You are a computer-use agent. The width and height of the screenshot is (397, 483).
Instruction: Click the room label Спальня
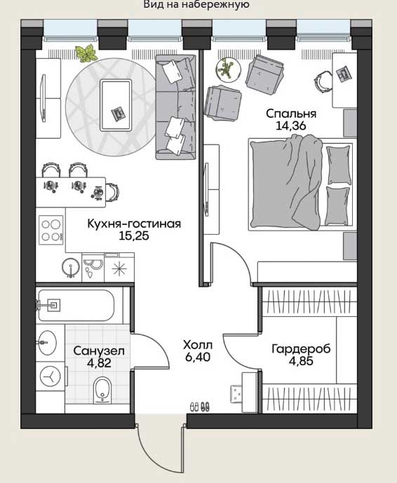coord(291,114)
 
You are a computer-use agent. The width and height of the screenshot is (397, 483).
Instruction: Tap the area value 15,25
coord(134,236)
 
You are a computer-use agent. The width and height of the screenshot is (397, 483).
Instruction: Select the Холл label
coord(198,345)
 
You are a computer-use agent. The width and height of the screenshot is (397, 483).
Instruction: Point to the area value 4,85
coord(301,361)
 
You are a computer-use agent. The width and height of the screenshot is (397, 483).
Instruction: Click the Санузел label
coord(99,351)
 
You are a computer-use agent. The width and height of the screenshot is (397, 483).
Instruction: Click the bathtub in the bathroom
coord(76,305)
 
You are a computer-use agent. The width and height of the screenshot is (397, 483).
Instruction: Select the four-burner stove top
coord(51,230)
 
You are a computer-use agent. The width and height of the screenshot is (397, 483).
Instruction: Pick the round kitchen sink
coord(71,267)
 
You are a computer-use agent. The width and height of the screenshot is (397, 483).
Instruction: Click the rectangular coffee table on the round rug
coord(116,105)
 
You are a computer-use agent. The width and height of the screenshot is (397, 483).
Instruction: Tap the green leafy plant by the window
coord(86,53)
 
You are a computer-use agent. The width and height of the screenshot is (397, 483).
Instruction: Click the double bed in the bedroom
coord(301,184)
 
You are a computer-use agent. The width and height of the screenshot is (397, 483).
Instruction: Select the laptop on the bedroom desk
coord(342,73)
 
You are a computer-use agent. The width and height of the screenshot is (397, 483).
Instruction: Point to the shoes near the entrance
coord(200,407)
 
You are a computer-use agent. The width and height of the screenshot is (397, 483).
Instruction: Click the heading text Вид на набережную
coord(196,5)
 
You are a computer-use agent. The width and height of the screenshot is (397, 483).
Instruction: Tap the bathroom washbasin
coord(48,343)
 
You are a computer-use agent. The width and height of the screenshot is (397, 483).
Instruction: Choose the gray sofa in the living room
coord(175,107)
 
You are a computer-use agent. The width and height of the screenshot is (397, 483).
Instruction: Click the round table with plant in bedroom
coord(228,69)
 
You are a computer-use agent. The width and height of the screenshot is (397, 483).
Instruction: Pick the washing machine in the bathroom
coord(51,376)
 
